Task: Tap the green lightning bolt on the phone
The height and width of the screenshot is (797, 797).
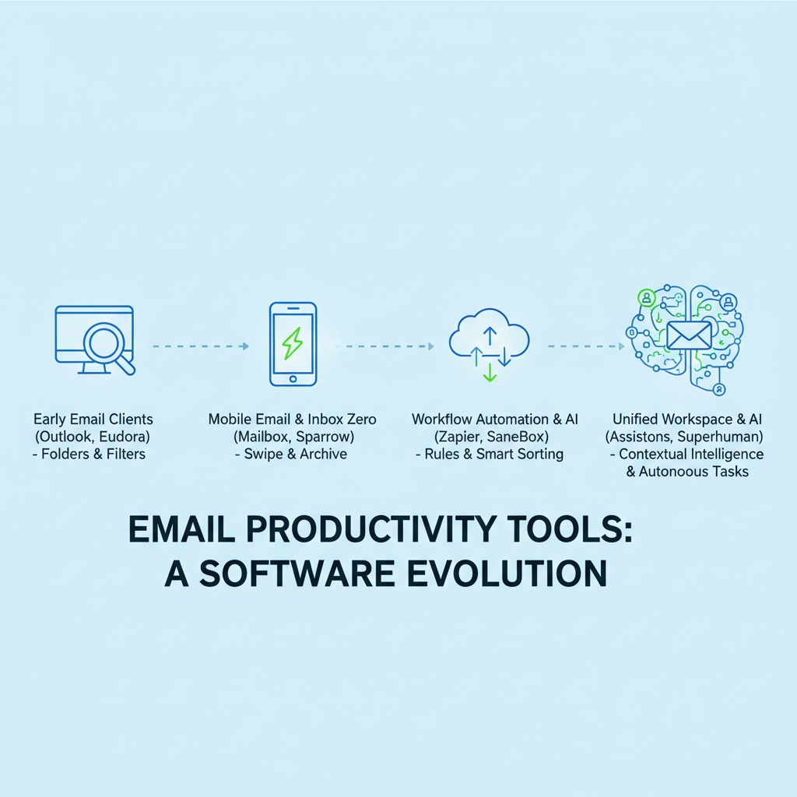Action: pyautogui.click(x=293, y=343)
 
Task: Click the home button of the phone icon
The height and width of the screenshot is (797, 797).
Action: pyautogui.click(x=293, y=379)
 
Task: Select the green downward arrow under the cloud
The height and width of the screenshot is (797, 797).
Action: pyautogui.click(x=490, y=372)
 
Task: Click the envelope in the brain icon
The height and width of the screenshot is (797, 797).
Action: pyautogui.click(x=689, y=335)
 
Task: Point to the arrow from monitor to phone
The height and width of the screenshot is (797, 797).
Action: pyautogui.click(x=202, y=346)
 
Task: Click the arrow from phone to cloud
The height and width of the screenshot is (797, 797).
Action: pyautogui.click(x=384, y=346)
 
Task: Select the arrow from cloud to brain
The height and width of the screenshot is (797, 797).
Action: pyautogui.click(x=587, y=346)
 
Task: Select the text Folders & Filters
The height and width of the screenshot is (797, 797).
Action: pyautogui.click(x=93, y=454)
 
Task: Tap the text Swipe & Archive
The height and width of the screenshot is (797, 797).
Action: pyautogui.click(x=295, y=454)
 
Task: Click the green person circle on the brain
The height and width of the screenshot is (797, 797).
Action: pyautogui.click(x=647, y=297)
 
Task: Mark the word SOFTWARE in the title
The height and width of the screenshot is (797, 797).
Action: pyautogui.click(x=297, y=574)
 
